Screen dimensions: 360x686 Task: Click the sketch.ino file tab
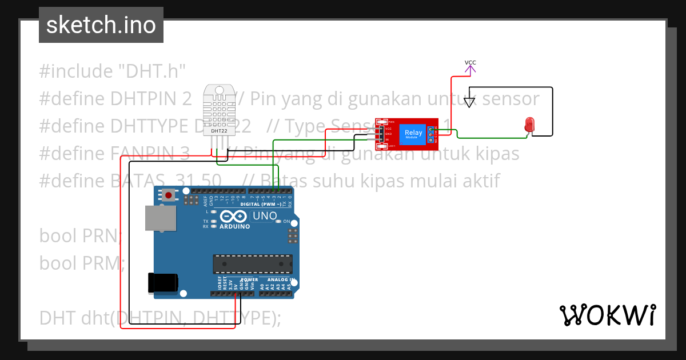[101, 25]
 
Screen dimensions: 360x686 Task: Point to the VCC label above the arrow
[470, 62]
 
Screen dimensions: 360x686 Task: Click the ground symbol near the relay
[469, 102]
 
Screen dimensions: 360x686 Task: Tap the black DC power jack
[163, 283]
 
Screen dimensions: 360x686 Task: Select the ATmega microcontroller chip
[252, 263]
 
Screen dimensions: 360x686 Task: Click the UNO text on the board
[265, 216]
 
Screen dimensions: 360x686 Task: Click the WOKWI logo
[607, 315]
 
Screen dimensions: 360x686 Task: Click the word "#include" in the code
[76, 71]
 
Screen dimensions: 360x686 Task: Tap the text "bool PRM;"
[82, 263]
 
